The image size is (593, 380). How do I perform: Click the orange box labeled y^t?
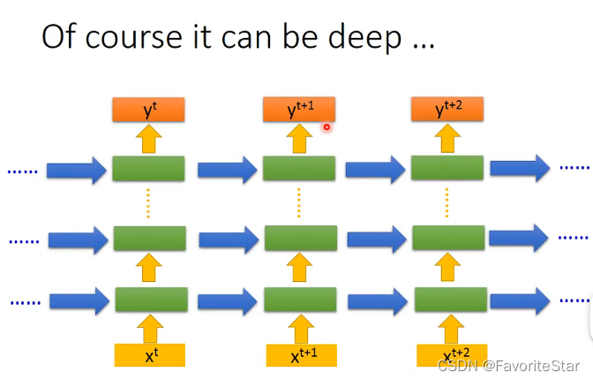148,110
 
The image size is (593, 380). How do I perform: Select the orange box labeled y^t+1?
299,110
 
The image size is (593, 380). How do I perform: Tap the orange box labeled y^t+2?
447,110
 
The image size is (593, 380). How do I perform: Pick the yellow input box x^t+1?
300,355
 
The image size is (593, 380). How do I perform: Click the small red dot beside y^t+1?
326,127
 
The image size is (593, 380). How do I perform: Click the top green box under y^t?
148,168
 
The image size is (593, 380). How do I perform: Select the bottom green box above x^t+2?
448,300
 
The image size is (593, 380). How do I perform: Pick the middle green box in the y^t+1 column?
300,239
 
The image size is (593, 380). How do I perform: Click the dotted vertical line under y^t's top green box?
148,203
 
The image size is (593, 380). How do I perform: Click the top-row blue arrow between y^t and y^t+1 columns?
225,169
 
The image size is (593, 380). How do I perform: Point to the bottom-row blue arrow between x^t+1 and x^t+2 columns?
374,300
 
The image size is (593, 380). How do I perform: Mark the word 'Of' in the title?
58,40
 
